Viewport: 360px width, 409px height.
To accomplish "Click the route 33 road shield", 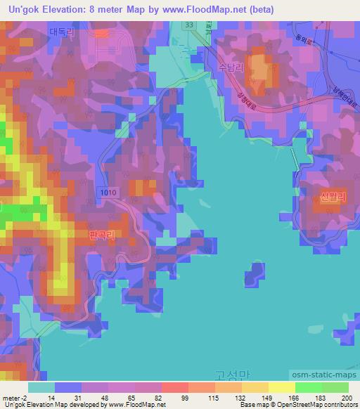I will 188,25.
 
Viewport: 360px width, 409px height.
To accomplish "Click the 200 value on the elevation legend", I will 347,398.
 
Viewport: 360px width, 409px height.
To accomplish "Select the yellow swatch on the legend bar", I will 281,387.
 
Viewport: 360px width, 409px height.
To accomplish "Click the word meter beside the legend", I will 11,398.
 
